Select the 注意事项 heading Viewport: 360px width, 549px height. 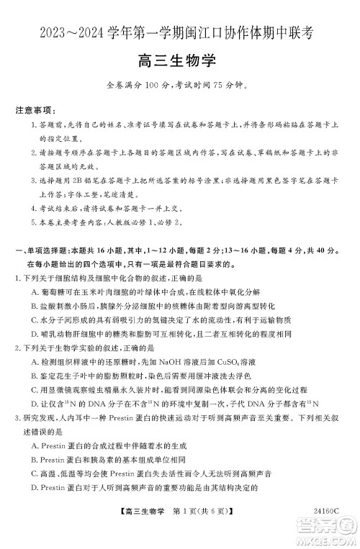pos(35,112)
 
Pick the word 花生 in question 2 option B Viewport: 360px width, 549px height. pos(63,373)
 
